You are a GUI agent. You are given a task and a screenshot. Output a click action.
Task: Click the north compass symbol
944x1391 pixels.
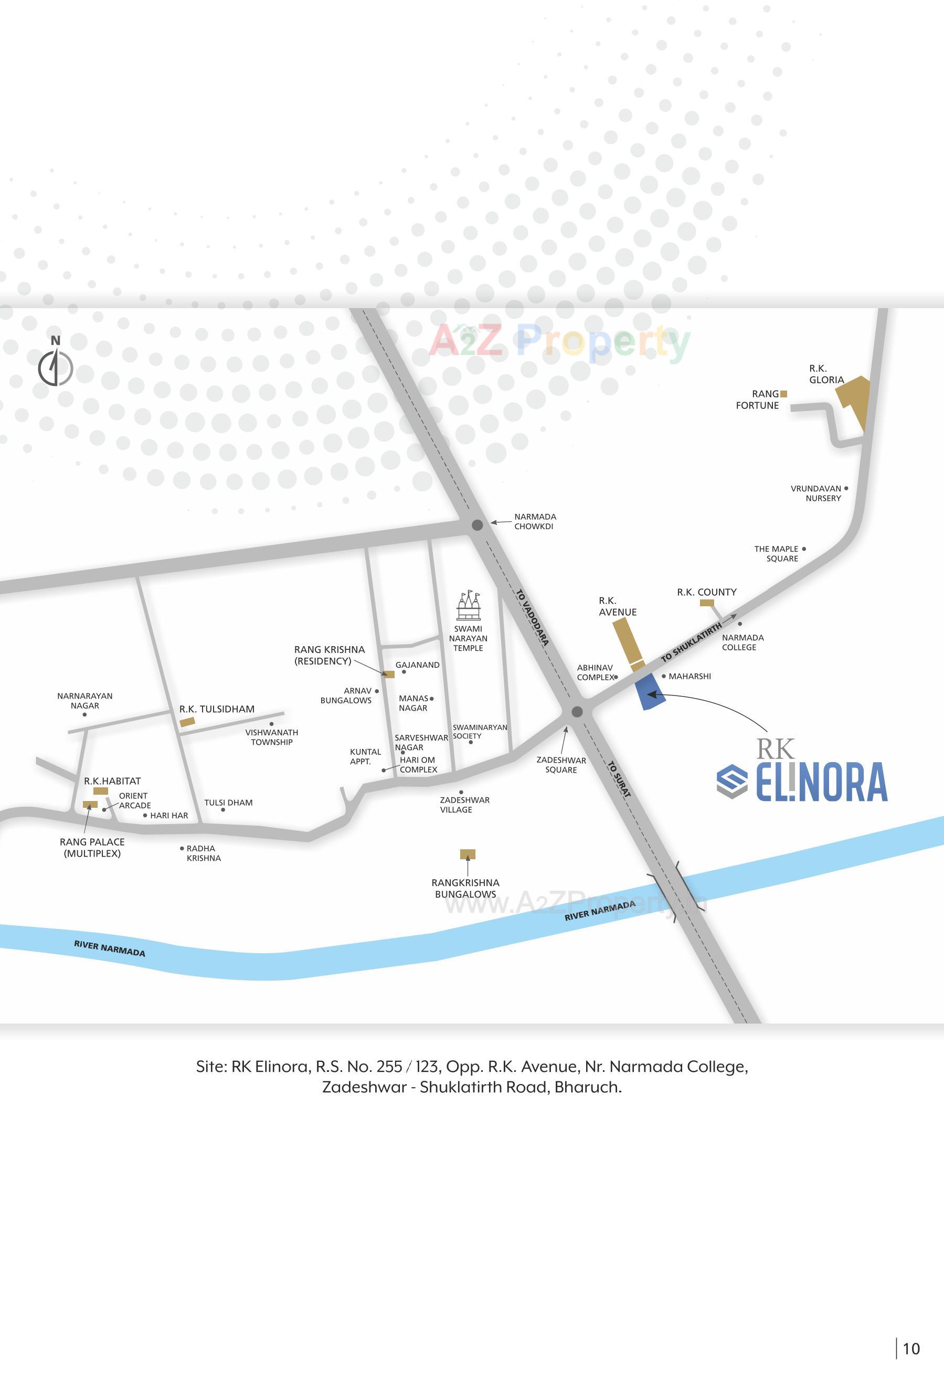coord(56,366)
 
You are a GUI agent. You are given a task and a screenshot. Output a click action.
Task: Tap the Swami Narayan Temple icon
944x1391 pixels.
coord(469,606)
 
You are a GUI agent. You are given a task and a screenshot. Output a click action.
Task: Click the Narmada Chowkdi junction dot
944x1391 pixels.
coord(478,525)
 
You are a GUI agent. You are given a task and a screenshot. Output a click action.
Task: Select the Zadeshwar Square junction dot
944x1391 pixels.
coord(577,712)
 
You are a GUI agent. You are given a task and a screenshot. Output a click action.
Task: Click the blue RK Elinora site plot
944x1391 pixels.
coord(649,691)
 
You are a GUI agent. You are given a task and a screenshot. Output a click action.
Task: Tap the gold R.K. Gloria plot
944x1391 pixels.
coord(855,397)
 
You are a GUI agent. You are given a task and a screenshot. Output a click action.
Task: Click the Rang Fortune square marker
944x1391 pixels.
coord(783,394)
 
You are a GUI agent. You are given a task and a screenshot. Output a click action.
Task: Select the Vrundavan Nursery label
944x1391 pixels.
coord(816,493)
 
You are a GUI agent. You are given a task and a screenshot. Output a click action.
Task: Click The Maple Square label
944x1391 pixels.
coord(777,554)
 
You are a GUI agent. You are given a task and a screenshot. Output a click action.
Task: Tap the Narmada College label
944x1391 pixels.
coord(742,642)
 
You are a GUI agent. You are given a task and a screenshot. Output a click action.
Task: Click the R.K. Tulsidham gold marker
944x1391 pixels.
coord(187,722)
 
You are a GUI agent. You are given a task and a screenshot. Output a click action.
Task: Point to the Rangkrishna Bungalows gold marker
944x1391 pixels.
coord(468,854)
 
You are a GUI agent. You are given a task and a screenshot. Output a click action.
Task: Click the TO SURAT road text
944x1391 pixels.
coord(619,778)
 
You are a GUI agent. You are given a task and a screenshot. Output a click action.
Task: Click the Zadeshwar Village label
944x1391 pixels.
coord(464,805)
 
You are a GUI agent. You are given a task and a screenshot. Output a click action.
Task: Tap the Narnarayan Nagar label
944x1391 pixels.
coord(84,700)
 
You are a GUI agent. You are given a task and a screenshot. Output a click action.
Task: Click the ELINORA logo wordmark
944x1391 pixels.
coord(821,782)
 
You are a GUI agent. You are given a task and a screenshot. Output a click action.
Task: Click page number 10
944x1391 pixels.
coord(911,1348)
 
